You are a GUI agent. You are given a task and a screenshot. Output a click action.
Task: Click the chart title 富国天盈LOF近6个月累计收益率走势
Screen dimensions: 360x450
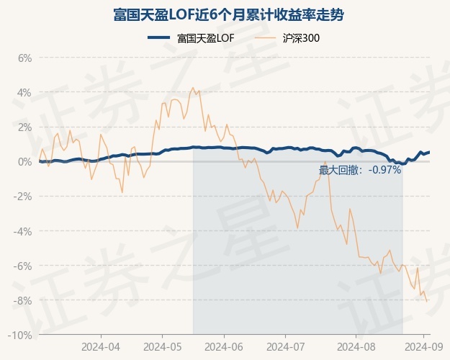[225, 14]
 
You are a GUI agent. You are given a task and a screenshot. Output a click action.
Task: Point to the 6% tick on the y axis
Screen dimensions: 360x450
[24, 58]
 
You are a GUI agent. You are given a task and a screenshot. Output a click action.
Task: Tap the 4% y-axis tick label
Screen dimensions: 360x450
[24, 92]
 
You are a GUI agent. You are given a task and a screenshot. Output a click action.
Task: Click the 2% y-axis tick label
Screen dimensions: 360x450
[24, 127]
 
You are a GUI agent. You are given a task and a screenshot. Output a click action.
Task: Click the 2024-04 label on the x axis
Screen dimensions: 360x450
[100, 346]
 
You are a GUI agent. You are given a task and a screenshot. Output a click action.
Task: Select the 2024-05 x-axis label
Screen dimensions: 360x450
[162, 346]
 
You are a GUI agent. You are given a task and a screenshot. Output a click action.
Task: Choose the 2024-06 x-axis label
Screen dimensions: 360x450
[224, 346]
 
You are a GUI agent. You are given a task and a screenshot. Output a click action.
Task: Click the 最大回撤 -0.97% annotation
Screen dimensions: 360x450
[360, 171]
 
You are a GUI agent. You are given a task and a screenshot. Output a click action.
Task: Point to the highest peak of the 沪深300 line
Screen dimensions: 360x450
[192, 88]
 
